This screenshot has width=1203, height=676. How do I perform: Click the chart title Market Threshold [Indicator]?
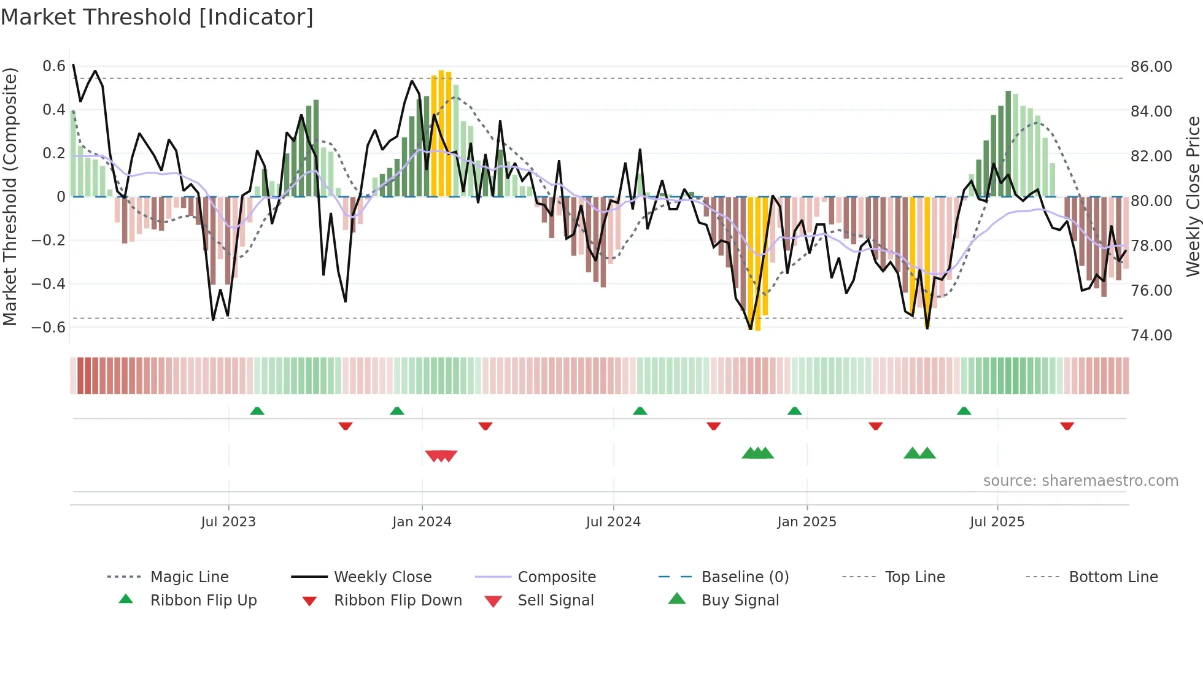point(157,17)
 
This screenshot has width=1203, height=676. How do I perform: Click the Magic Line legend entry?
point(189,577)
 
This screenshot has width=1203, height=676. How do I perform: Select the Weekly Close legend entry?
point(382,577)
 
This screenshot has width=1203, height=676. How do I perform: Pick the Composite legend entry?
point(557,577)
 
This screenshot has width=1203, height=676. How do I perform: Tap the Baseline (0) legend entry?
point(745,577)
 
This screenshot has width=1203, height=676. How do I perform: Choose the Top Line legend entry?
point(915,577)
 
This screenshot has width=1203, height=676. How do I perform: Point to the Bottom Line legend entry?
point(1113,577)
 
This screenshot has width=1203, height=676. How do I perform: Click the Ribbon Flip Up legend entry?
point(203,601)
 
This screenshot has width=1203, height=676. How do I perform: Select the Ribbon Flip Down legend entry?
point(398,601)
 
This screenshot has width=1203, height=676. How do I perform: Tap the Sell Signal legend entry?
point(555,601)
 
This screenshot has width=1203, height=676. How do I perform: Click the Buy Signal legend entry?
point(740,601)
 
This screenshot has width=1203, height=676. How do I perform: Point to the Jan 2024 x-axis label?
point(422,522)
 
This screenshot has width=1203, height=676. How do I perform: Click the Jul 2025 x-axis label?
point(997,522)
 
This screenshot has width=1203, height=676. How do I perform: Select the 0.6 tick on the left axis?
point(54,66)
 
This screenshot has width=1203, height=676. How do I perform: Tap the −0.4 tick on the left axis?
point(48,284)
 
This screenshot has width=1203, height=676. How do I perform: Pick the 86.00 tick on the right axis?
point(1151,67)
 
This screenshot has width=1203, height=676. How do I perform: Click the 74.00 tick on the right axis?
point(1151,336)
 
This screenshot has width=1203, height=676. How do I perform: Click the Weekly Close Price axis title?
point(1193,196)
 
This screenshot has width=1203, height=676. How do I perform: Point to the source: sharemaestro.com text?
point(1080,481)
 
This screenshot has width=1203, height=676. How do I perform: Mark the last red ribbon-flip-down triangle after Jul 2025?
point(1067,426)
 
